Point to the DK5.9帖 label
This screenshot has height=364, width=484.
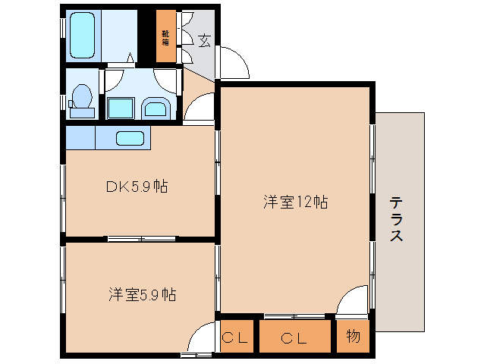coord(137,186)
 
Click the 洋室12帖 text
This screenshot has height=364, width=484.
coord(295,202)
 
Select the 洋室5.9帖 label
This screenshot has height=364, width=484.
coord(142,294)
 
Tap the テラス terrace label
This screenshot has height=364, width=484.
coord(396,220)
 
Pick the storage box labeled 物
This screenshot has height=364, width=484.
coord(352,337)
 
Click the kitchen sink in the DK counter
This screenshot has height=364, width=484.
coord(130,138)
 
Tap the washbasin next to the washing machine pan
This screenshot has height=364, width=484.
coord(156,108)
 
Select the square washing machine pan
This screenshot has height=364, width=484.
coord(120,108)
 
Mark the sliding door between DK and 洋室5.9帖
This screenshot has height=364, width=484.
coord(141,239)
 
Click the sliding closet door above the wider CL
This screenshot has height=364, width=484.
coord(295,315)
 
